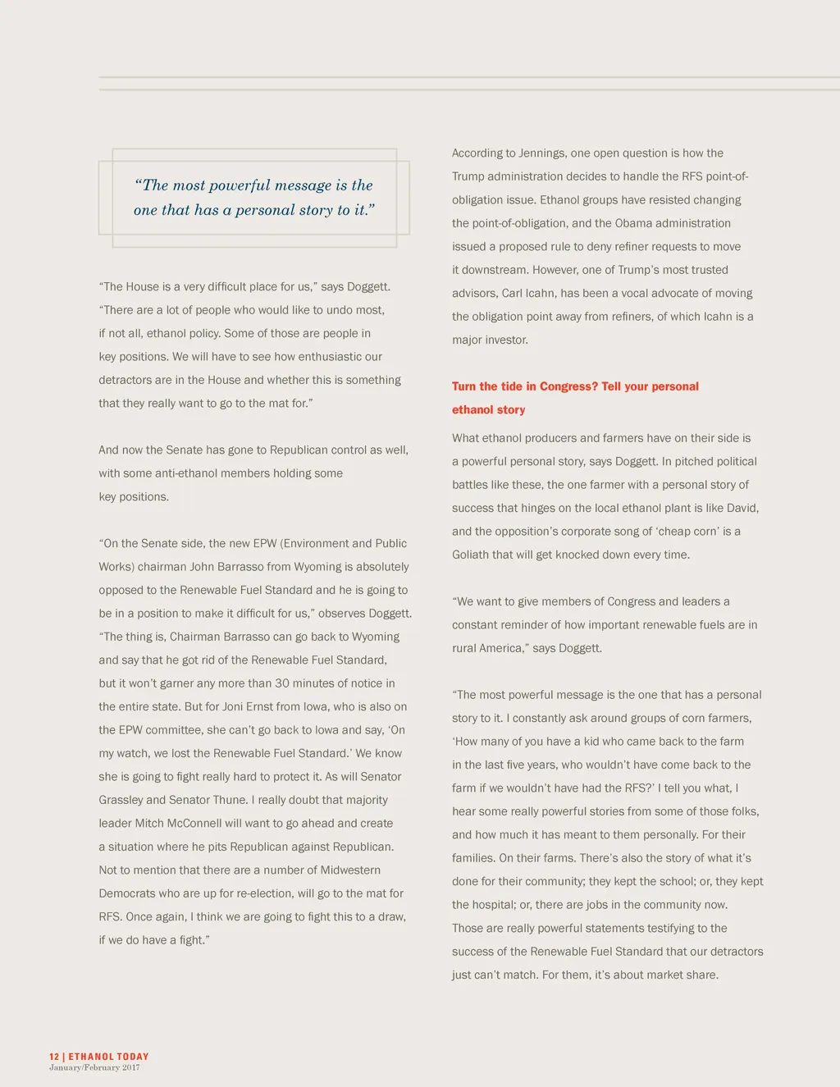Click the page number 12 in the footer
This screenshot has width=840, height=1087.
click(54, 1057)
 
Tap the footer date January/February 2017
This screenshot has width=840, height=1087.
click(94, 1067)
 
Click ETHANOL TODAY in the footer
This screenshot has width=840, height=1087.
click(108, 1057)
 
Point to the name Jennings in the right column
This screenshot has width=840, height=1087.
click(541, 153)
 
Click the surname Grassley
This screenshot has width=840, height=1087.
click(121, 800)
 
